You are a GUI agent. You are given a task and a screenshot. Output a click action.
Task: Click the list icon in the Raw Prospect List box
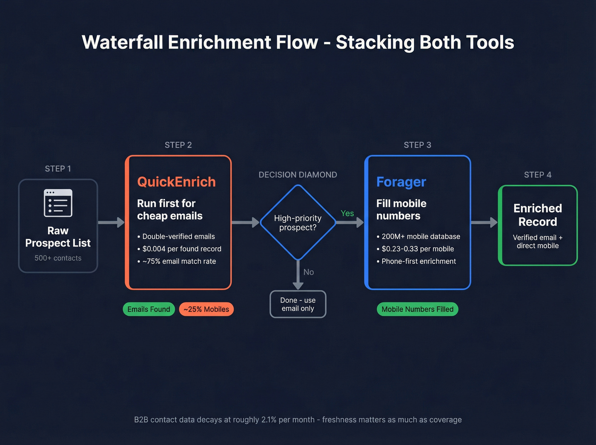pos(58,203)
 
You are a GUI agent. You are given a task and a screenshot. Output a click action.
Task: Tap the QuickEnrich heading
pos(176,182)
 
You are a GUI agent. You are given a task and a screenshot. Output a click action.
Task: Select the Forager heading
pos(401,182)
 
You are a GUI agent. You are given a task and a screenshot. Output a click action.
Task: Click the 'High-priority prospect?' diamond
pos(298,222)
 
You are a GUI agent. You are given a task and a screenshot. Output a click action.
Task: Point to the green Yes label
pos(347,213)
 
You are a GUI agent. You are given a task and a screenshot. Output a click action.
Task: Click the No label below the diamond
pos(309,272)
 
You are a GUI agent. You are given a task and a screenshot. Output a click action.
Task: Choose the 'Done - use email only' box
pos(298,304)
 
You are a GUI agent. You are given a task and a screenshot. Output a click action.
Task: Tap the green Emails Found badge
pos(149,309)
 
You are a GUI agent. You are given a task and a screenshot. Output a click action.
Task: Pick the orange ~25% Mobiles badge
pos(206,309)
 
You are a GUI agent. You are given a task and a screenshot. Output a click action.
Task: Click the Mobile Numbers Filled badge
pos(417,309)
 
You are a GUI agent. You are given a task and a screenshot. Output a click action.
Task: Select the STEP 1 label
pos(58,169)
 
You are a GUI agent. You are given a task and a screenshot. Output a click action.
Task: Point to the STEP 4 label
pos(537,175)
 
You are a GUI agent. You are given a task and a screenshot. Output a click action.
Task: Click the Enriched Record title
pos(537,215)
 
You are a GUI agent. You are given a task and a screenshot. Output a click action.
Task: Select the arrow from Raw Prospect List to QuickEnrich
pos(111,222)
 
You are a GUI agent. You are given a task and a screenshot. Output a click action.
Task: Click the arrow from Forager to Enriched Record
pos(484,222)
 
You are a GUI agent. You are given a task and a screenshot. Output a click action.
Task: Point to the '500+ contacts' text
pos(58,258)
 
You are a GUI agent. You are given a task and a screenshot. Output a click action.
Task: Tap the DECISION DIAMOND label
pos(298,175)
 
